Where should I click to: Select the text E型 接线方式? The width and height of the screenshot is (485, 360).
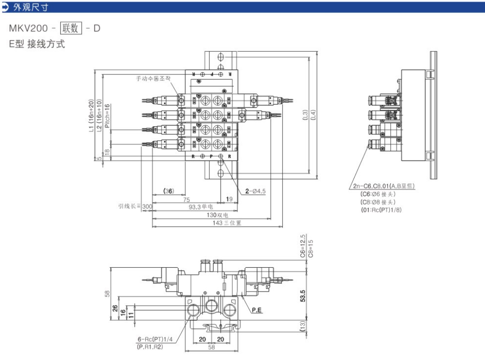pos(37,44)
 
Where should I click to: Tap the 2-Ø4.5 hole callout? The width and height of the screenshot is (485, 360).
pos(255,191)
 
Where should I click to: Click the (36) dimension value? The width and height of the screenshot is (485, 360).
pos(169,191)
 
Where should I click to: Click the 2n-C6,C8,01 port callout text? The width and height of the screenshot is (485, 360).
pos(381,186)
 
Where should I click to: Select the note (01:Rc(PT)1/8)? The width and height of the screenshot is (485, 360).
pos(381,209)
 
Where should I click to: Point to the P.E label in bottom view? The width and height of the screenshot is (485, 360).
pos(257,311)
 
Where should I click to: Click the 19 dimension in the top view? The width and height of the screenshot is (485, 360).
pos(229,198)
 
